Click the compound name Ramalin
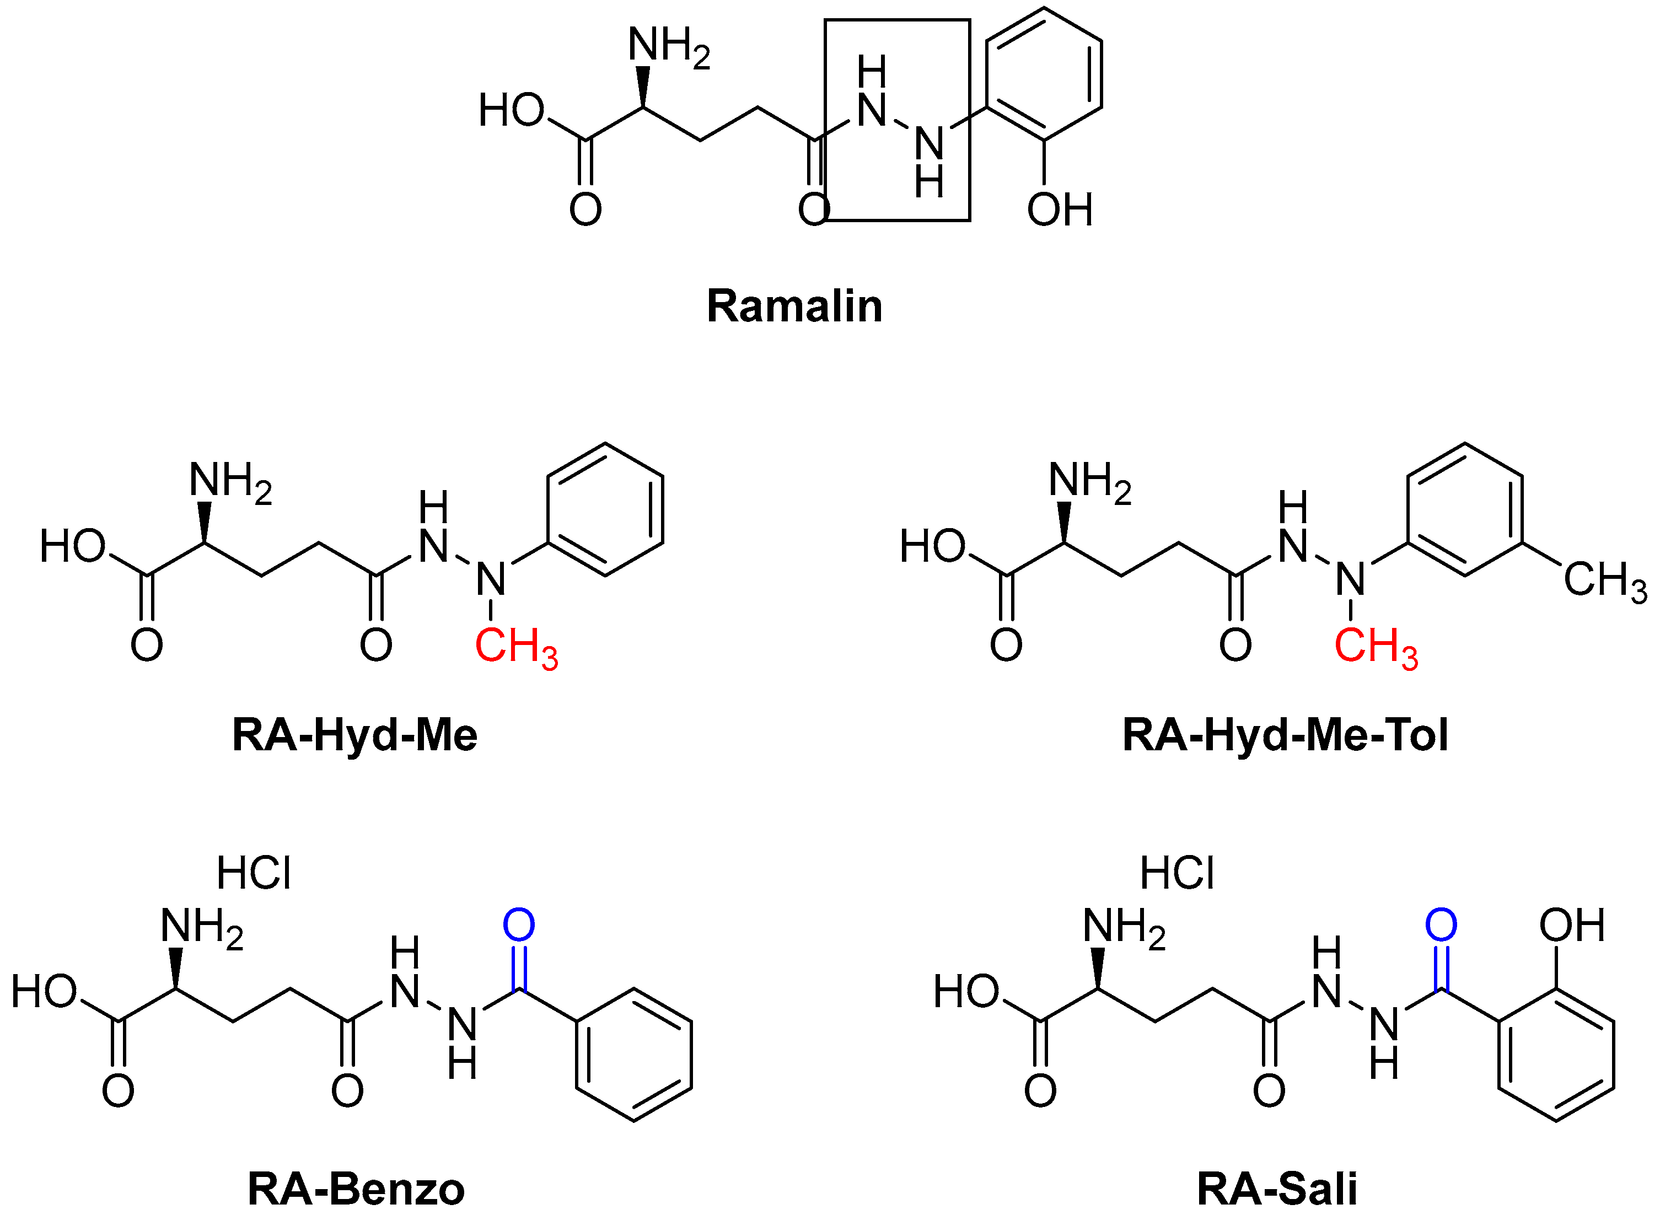[794, 307]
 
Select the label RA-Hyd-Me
[354, 735]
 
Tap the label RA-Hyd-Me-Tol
[1286, 735]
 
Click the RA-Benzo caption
[356, 1189]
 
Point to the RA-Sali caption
[1277, 1189]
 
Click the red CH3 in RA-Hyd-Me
[517, 647]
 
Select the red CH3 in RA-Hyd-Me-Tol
[1376, 647]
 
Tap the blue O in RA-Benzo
[519, 925]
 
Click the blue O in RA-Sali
[1441, 925]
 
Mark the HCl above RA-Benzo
[254, 874]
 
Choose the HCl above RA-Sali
[1177, 874]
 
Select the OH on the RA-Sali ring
[1572, 925]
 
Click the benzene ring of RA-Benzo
[634, 1055]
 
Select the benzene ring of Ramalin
[1044, 73]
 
